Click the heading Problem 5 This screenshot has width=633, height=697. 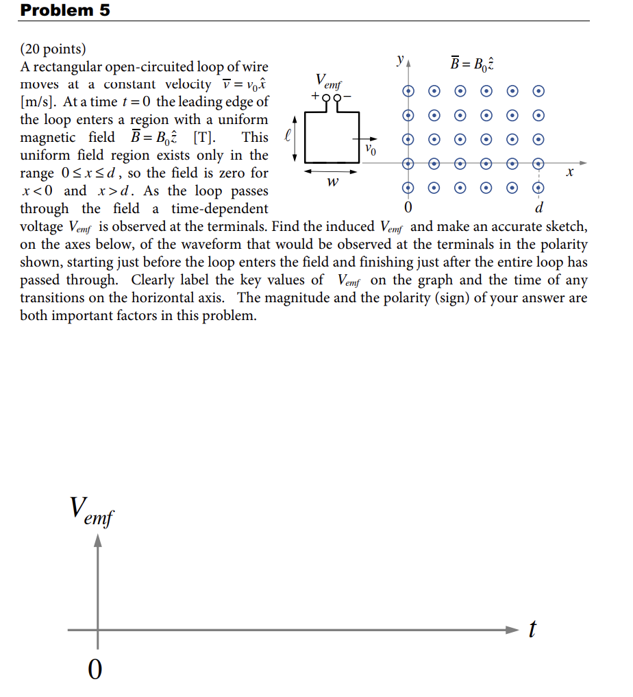65,10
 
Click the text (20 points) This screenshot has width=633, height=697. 53,49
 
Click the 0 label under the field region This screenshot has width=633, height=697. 408,207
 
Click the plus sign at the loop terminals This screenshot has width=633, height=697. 315,97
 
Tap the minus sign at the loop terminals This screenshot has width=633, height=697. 347,97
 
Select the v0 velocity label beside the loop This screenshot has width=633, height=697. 371,148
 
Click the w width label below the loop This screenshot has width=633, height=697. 333,182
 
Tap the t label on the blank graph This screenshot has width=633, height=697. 532,628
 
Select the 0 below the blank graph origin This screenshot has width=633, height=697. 96,668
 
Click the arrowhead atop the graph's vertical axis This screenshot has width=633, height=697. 98,541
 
